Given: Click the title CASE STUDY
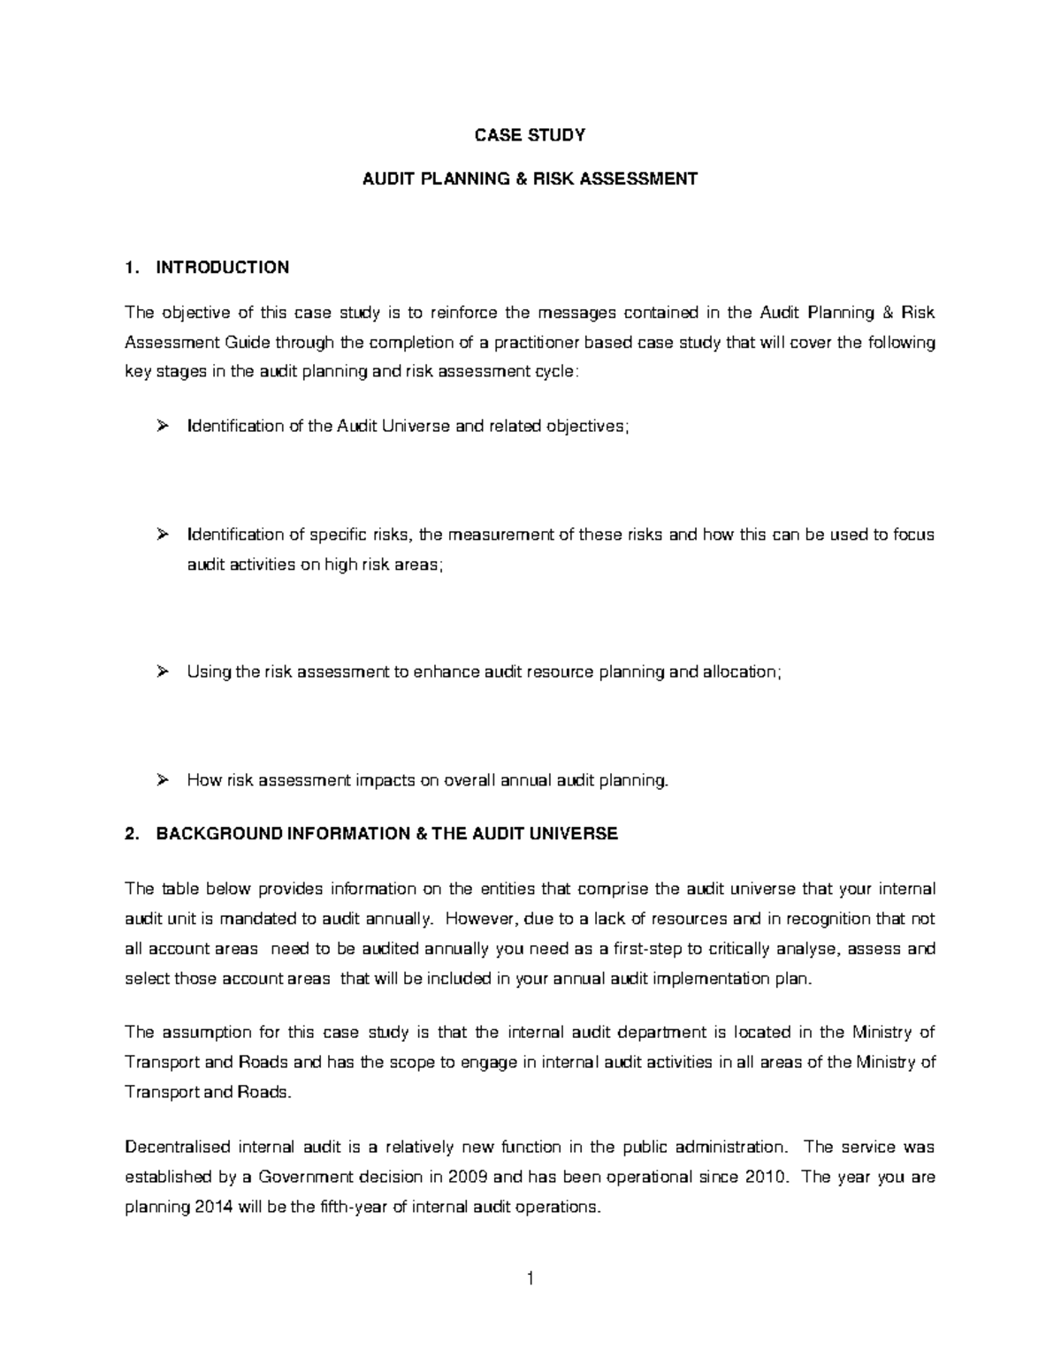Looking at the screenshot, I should (530, 135).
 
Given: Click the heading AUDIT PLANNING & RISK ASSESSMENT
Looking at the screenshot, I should (530, 179).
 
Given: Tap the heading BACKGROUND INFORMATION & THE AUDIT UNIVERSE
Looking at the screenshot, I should (386, 834).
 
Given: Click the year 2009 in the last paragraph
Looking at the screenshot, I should (468, 1178).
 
